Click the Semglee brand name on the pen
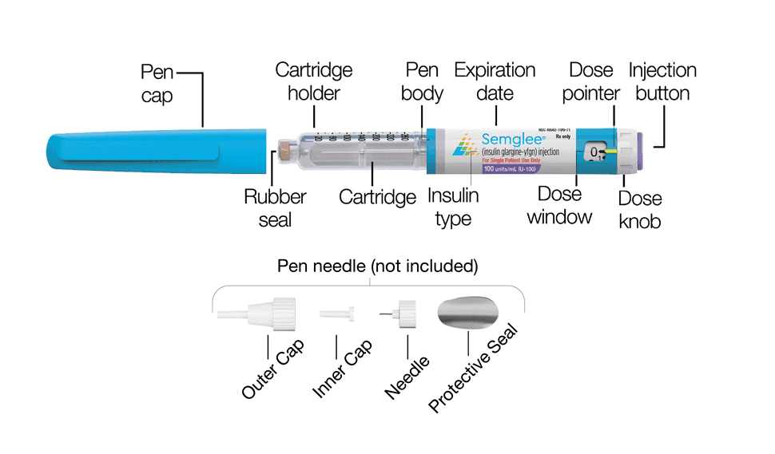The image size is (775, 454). point(511,138)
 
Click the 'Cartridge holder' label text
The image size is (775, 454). point(313,81)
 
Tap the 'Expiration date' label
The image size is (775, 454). point(495,81)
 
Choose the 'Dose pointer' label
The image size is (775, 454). point(590,81)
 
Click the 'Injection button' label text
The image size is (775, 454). point(662,81)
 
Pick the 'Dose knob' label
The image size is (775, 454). point(640,210)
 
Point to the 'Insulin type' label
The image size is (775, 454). point(453,207)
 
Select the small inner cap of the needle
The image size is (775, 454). point(340,313)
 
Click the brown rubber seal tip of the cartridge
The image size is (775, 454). point(283,149)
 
